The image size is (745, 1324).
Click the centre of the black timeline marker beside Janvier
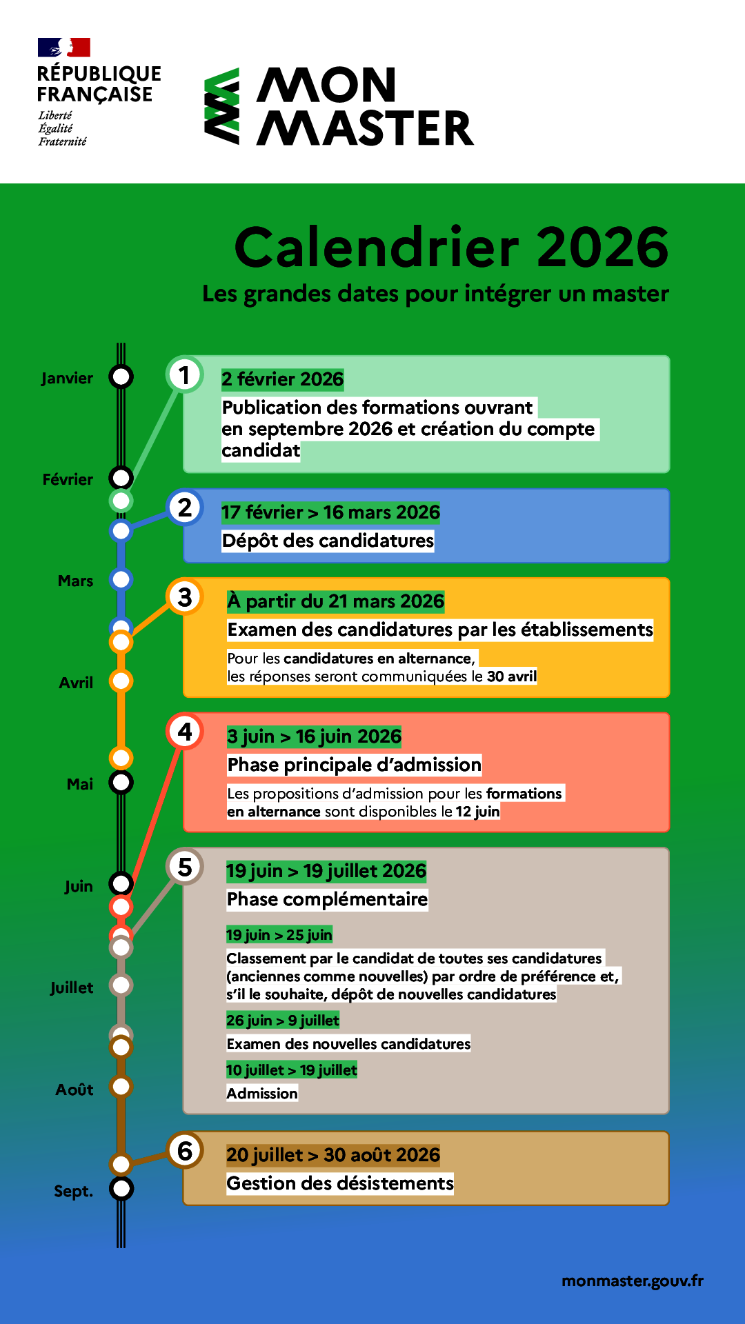click(121, 377)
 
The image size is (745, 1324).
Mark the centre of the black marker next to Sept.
click(121, 1189)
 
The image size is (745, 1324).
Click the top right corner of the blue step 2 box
click(669, 489)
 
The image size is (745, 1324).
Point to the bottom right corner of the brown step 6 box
click(669, 1205)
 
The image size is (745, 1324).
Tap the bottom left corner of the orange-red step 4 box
click(183, 832)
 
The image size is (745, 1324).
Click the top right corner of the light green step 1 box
click(669, 356)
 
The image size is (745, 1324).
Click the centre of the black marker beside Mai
click(121, 783)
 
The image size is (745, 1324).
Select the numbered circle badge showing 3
click(185, 597)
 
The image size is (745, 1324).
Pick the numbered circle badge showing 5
click(185, 867)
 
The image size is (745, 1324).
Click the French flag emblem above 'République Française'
click(64, 48)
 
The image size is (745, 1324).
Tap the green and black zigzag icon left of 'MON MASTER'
click(222, 106)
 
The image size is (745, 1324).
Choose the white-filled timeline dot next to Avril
click(121, 681)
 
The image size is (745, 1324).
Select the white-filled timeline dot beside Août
click(121, 1087)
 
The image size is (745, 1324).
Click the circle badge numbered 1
click(185, 375)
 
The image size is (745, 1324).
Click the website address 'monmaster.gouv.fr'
click(633, 1281)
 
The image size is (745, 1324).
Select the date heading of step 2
click(330, 512)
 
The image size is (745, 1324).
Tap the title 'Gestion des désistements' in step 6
click(340, 1183)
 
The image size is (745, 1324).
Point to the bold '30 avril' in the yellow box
click(512, 676)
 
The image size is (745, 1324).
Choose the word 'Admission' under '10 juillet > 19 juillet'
click(262, 1094)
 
